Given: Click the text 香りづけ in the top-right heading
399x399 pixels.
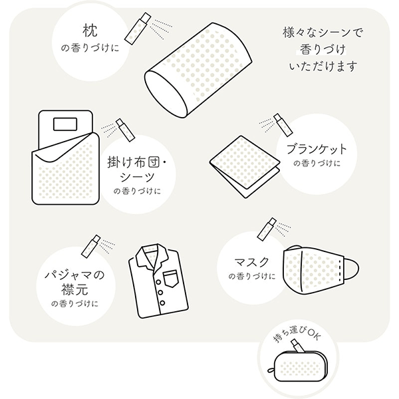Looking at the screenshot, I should (323, 49).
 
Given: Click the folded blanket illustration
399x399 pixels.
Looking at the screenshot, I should (244, 163).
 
